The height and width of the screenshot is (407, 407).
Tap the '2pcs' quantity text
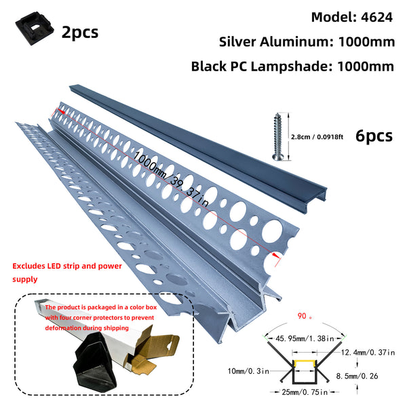click(79, 31)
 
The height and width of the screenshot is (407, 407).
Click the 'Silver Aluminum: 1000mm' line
click(307, 41)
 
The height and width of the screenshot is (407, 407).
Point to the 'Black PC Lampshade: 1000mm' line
click(292, 66)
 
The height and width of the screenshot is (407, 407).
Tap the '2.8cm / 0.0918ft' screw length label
click(322, 136)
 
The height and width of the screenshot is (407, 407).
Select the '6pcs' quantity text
click(374, 135)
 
